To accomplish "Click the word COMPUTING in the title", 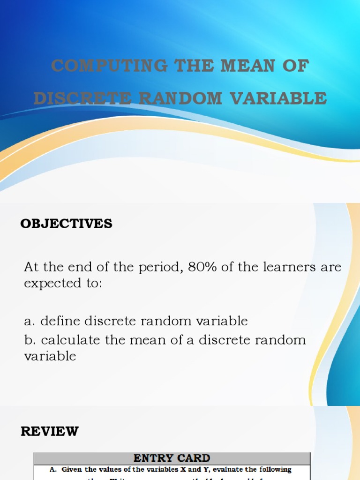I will tap(109, 66).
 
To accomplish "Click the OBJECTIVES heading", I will tap(66, 224).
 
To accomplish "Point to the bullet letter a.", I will tap(30, 322).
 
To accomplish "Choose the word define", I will tap(61, 322).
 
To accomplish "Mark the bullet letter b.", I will tap(30, 339).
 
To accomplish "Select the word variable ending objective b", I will tap(50, 356).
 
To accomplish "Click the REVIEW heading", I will tap(50, 431).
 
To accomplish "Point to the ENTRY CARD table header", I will tap(172, 458).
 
